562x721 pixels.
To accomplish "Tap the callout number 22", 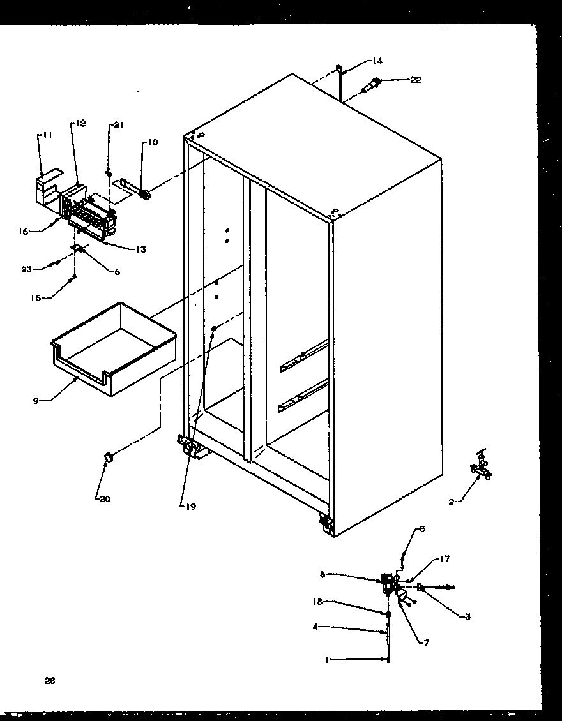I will click(415, 80).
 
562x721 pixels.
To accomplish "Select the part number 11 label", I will click(47, 135).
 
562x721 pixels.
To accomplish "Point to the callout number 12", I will click(81, 123).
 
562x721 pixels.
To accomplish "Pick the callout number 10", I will click(153, 142).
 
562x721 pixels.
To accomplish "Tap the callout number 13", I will click(140, 249).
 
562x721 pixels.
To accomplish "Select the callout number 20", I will click(103, 499).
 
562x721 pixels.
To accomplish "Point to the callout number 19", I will click(190, 507).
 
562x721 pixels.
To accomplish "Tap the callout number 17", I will click(444, 560).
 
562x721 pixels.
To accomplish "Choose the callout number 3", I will click(467, 616).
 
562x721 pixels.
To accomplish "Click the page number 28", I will click(50, 680).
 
